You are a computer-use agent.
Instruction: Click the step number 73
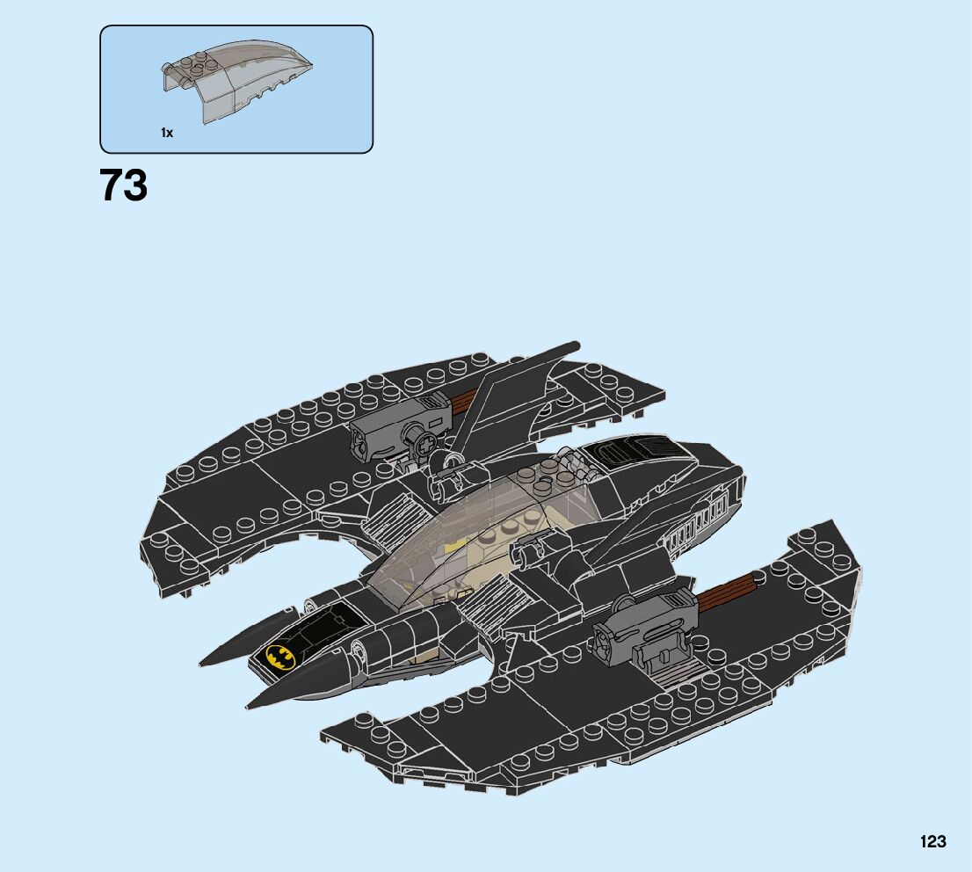click(123, 185)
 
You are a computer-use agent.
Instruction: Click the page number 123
click(933, 841)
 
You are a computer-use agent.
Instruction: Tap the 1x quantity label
click(167, 133)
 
